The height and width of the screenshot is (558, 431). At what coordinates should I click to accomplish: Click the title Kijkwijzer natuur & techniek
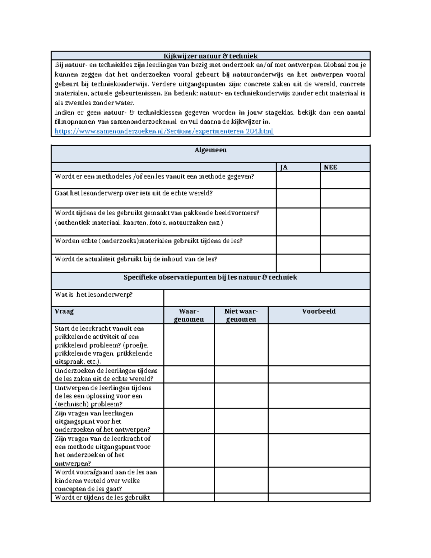coord(210,56)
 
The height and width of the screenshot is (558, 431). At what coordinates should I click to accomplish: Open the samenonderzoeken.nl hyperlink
coord(164,131)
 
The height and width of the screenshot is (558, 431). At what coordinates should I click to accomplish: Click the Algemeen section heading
coord(210,150)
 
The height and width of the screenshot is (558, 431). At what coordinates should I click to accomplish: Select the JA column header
coord(284,167)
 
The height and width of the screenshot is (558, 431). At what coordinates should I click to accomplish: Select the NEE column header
coord(330,167)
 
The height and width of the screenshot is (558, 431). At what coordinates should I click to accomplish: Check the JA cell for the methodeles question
coord(298,180)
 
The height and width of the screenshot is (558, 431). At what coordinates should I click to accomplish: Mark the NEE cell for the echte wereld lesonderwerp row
coord(345,198)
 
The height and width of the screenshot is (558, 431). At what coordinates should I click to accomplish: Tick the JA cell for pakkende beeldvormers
coord(298,222)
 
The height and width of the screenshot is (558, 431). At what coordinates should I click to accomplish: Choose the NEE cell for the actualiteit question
coord(345,263)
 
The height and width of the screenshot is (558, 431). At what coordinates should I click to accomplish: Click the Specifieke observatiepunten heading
coord(210,277)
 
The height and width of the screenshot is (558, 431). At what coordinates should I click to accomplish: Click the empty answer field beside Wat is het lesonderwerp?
coord(267,298)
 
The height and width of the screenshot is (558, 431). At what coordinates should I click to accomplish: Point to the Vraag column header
coord(64,312)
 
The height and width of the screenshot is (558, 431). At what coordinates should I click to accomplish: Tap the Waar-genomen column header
coord(189,315)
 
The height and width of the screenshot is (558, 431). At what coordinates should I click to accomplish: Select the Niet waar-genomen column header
coord(241,315)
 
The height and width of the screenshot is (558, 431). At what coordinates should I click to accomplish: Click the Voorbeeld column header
coord(319,312)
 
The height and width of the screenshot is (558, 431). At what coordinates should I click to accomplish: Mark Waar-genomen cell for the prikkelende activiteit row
coord(189,345)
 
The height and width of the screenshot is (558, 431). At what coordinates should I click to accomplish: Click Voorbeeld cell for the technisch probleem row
coord(319,396)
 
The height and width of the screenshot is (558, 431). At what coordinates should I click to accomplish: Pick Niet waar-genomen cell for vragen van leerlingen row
coord(241,421)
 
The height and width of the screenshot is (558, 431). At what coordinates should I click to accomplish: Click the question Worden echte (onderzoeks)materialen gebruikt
coord(148,241)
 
